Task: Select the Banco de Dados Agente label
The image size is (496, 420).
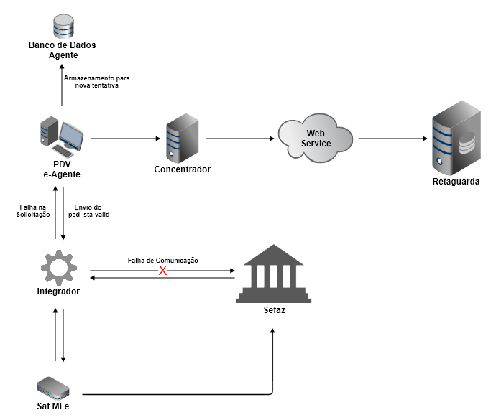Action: coord(62,50)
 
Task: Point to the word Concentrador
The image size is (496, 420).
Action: coord(182,169)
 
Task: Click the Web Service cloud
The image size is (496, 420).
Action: coord(316,138)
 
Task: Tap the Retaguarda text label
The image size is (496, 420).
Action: coord(456,182)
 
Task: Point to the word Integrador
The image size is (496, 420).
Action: coord(58,291)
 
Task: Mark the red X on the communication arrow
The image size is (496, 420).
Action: coord(162,271)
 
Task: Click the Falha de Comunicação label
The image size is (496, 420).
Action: coord(162,260)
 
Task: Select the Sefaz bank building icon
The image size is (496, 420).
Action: coord(273,274)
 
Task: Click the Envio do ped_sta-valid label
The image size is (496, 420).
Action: coord(92,210)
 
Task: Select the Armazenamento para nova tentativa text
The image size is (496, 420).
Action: coord(96,81)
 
